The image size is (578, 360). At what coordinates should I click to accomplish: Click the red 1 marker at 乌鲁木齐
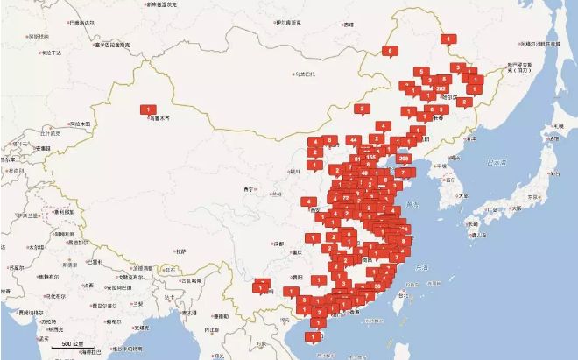(144, 109)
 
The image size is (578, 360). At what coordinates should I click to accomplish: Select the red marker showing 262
(441, 88)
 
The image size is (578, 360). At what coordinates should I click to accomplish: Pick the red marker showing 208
(403, 158)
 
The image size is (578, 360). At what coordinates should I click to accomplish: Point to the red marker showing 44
(352, 139)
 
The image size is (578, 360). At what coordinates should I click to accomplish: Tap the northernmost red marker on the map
(448, 39)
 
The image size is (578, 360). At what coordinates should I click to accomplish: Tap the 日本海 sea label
(497, 162)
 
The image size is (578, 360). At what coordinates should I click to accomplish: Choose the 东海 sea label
(422, 267)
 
